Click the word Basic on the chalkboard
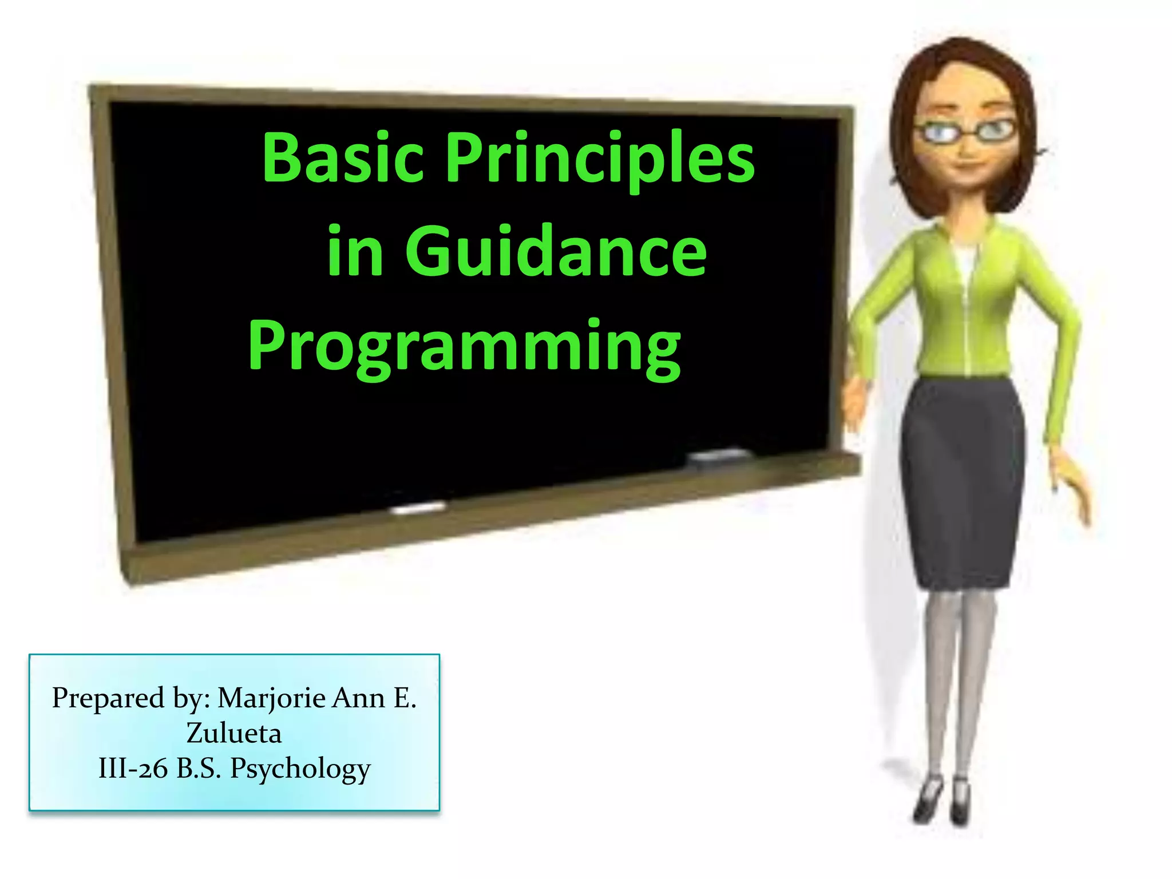coord(342,158)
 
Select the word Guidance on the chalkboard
coord(556,252)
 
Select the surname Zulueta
coord(234,733)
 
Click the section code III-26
coord(133,768)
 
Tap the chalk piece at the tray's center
coord(418,507)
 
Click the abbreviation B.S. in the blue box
coord(199,768)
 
